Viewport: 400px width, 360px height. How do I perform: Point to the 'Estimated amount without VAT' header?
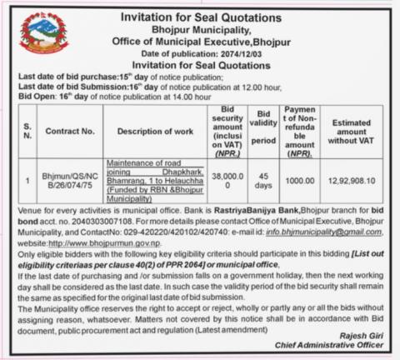(x=356, y=131)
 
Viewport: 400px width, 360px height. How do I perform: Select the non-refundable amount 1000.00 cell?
(x=298, y=179)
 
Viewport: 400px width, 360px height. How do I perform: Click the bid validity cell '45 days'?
(x=264, y=179)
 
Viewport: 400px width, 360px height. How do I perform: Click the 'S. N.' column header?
(x=26, y=130)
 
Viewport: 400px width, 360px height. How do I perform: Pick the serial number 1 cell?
(x=26, y=179)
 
